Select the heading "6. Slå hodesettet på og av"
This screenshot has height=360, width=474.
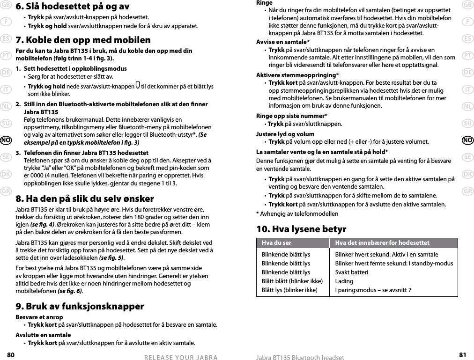73,7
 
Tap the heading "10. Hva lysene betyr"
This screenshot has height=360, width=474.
301,229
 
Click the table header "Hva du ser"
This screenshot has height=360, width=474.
276,243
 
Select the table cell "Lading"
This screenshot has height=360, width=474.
343,281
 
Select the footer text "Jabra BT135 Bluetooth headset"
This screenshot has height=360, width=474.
300,358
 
